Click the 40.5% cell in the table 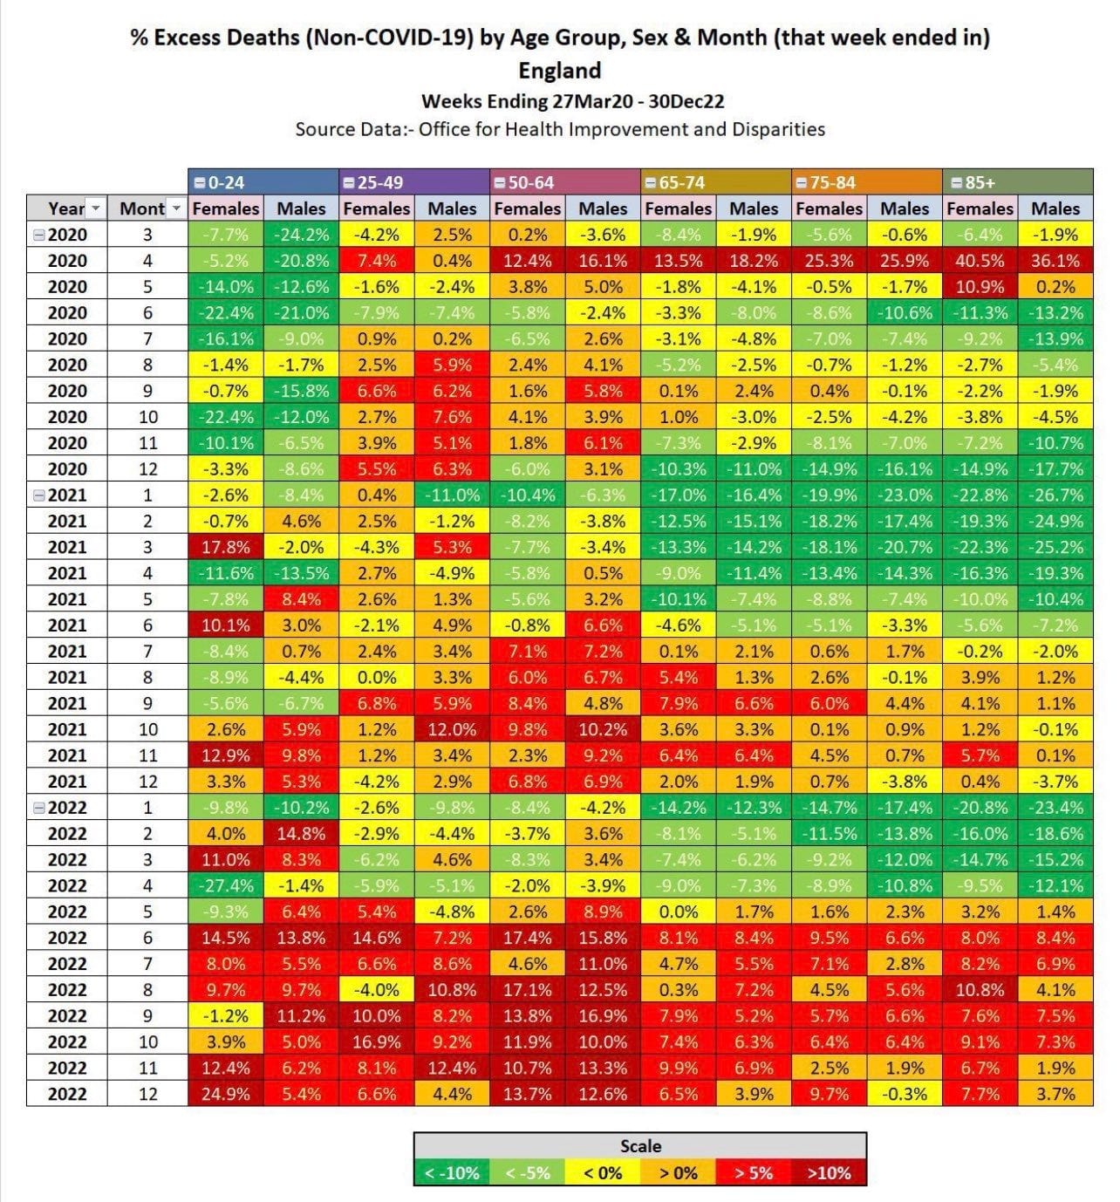(x=979, y=260)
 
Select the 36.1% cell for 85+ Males (x=1055, y=260)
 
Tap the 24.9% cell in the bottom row (x=225, y=1094)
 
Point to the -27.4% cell (x=225, y=885)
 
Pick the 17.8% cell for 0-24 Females (x=225, y=547)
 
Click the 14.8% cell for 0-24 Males (x=301, y=833)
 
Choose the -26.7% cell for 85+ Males (x=1055, y=495)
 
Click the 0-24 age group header (x=263, y=182)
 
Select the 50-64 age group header (x=565, y=182)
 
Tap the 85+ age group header (x=1017, y=182)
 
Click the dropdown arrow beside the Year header (x=96, y=208)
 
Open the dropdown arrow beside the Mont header (x=175, y=208)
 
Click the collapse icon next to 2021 (x=38, y=495)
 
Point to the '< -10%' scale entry (x=451, y=1173)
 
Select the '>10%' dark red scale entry (x=828, y=1173)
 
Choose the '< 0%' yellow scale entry (x=602, y=1173)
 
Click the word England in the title (x=559, y=70)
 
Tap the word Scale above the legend (x=640, y=1145)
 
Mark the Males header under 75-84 (x=904, y=208)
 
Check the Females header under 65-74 (x=678, y=208)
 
